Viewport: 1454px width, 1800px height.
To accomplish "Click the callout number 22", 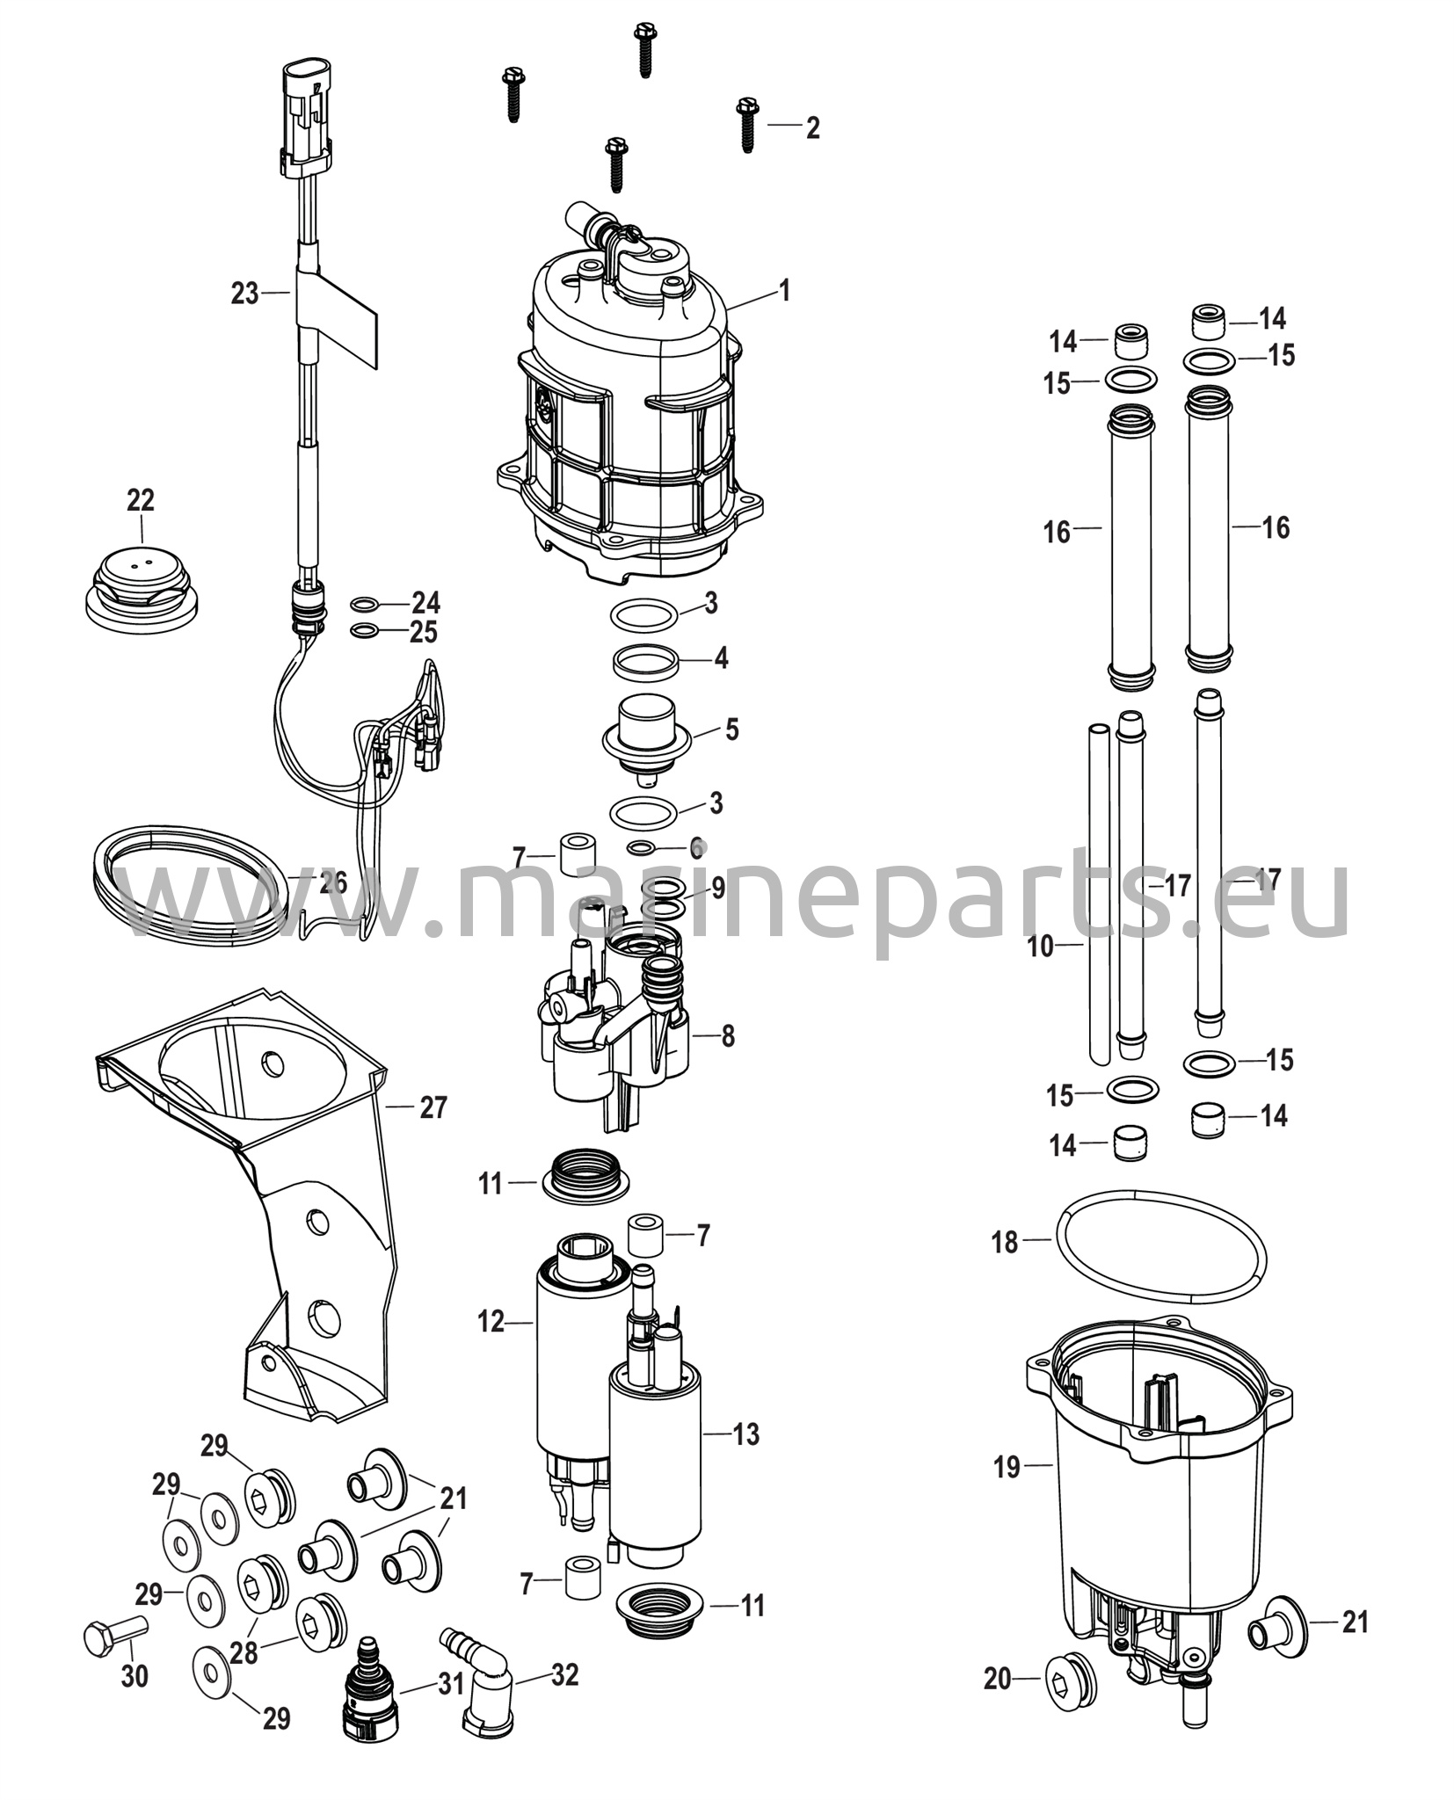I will pyautogui.click(x=141, y=500).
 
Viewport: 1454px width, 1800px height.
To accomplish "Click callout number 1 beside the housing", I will pyautogui.click(x=785, y=290).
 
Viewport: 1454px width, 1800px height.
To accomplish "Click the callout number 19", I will pyautogui.click(x=1007, y=1465).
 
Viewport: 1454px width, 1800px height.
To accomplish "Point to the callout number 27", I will pyautogui.click(x=433, y=1107).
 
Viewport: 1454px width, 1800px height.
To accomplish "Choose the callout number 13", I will pyautogui.click(x=745, y=1434).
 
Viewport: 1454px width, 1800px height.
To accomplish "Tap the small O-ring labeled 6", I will pyautogui.click(x=642, y=847).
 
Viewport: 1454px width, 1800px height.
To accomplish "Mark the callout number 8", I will pyautogui.click(x=728, y=1036).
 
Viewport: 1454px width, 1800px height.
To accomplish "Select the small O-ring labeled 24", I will pyautogui.click(x=365, y=604).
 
